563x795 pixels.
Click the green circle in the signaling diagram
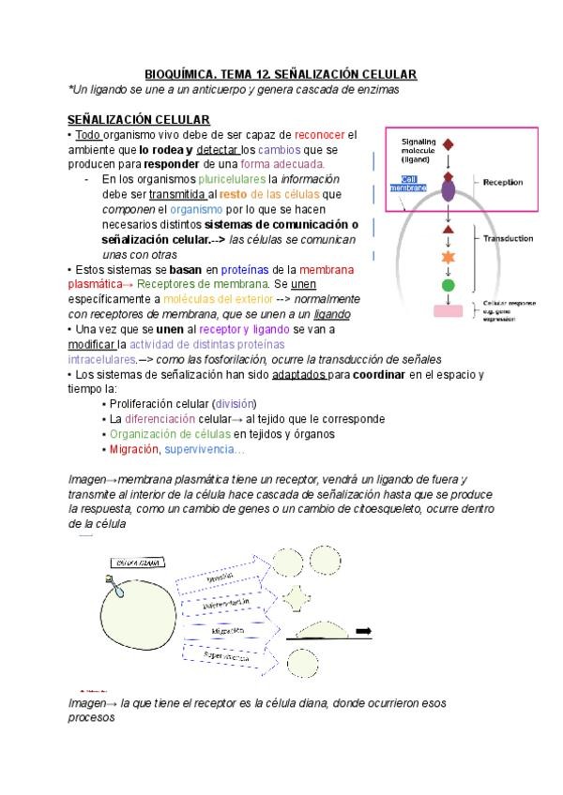click(x=449, y=285)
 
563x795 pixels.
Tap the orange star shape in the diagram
click(x=449, y=257)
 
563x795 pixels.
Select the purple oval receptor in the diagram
click(x=449, y=190)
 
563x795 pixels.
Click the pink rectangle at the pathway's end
click(x=448, y=311)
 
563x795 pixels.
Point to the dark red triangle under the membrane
click(x=449, y=229)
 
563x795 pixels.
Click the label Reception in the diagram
click(x=503, y=182)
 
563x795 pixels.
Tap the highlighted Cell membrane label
click(x=414, y=184)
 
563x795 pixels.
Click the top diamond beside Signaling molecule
click(x=449, y=144)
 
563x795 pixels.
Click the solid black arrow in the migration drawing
click(x=364, y=630)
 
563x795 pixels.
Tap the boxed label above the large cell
click(x=138, y=562)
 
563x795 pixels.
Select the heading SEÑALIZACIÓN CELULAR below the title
click(x=138, y=120)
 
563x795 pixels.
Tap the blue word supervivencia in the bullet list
click(x=205, y=449)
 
